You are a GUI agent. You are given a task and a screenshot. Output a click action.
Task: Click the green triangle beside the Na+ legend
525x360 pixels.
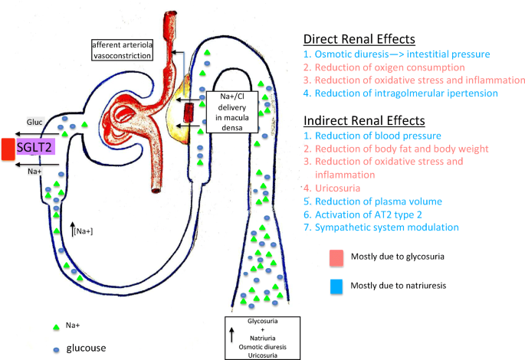[x=56, y=327]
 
